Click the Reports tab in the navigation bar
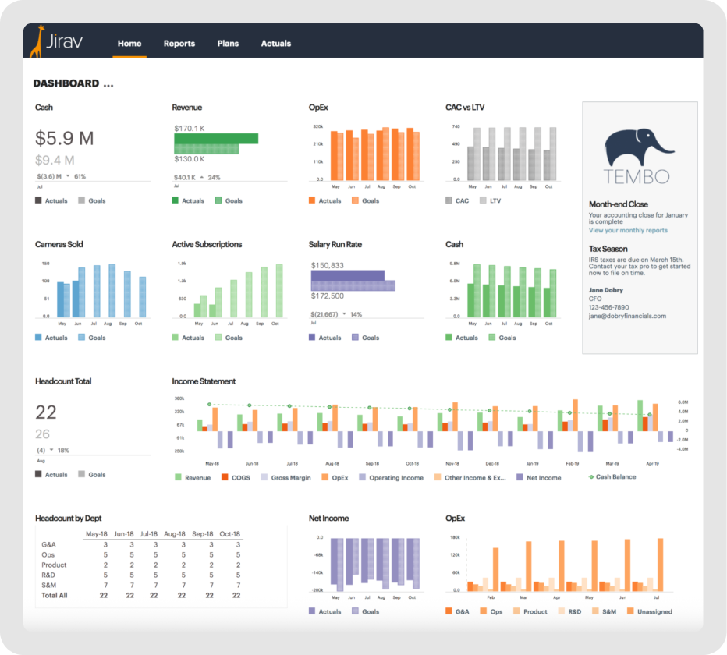[179, 44]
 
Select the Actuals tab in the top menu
[275, 44]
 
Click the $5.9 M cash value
[64, 139]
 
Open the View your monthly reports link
[628, 230]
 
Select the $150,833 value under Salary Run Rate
[327, 265]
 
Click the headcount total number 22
[46, 412]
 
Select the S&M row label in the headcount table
[49, 585]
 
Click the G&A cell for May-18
[105, 544]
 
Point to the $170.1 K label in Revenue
[189, 128]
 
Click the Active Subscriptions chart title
[207, 244]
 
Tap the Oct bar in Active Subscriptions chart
[279, 291]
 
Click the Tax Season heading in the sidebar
[608, 249]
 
